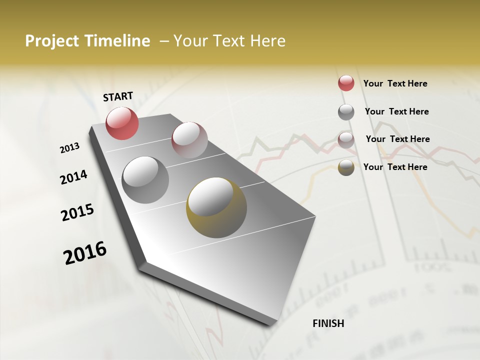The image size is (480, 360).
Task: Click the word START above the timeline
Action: (x=118, y=96)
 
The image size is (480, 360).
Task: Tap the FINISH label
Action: (x=328, y=323)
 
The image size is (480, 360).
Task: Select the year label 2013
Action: (x=69, y=148)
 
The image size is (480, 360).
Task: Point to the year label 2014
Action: (x=73, y=177)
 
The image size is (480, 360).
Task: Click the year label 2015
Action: (x=77, y=213)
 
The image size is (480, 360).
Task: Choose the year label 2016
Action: (x=85, y=253)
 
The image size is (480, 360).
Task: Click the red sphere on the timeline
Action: (x=122, y=123)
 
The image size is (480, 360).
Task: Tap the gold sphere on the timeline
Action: (x=216, y=207)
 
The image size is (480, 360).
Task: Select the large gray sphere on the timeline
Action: (x=145, y=179)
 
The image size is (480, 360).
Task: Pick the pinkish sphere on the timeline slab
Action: (x=189, y=140)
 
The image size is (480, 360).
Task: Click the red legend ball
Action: (x=346, y=83)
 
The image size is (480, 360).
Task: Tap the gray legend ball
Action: (x=346, y=111)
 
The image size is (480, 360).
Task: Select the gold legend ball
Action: (x=346, y=167)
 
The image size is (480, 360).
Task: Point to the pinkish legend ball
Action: (x=346, y=139)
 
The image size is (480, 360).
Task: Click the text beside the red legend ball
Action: (x=395, y=83)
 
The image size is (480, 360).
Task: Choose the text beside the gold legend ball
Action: (x=395, y=167)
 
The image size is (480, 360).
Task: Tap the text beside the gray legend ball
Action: (x=396, y=111)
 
